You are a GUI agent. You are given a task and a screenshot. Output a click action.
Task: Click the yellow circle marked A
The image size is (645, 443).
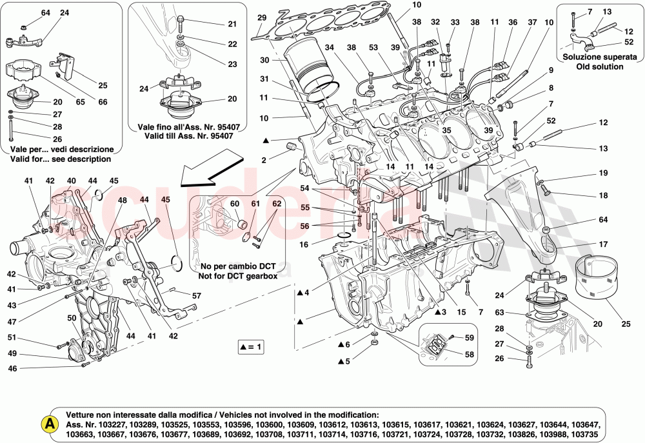48,424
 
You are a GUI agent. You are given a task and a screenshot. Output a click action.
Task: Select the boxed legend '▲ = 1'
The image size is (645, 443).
252,347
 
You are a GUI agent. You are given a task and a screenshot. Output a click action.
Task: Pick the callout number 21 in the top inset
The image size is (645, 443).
232,24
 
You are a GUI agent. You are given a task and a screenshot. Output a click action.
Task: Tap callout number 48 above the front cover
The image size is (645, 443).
122,201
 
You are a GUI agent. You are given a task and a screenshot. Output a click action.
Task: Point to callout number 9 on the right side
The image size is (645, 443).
551,70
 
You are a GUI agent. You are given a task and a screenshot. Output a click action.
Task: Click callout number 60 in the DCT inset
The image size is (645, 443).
234,204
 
